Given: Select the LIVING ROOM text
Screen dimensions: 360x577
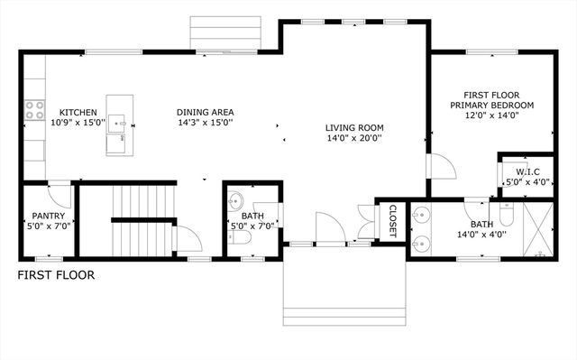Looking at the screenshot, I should tap(353, 127).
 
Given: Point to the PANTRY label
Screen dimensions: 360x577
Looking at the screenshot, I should tap(46, 216).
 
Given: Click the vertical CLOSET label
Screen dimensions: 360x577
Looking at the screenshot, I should tap(392, 221).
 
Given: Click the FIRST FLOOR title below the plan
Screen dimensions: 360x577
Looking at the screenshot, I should tap(56, 275).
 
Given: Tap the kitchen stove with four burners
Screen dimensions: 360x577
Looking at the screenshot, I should tap(34, 110).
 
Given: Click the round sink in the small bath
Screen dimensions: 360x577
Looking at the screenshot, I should tap(237, 200).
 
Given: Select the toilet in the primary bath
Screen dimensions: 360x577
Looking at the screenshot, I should tap(506, 214).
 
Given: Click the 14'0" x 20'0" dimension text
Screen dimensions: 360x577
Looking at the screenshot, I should tap(353, 139).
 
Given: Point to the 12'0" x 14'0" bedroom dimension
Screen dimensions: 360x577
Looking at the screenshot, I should tap(499, 116).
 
